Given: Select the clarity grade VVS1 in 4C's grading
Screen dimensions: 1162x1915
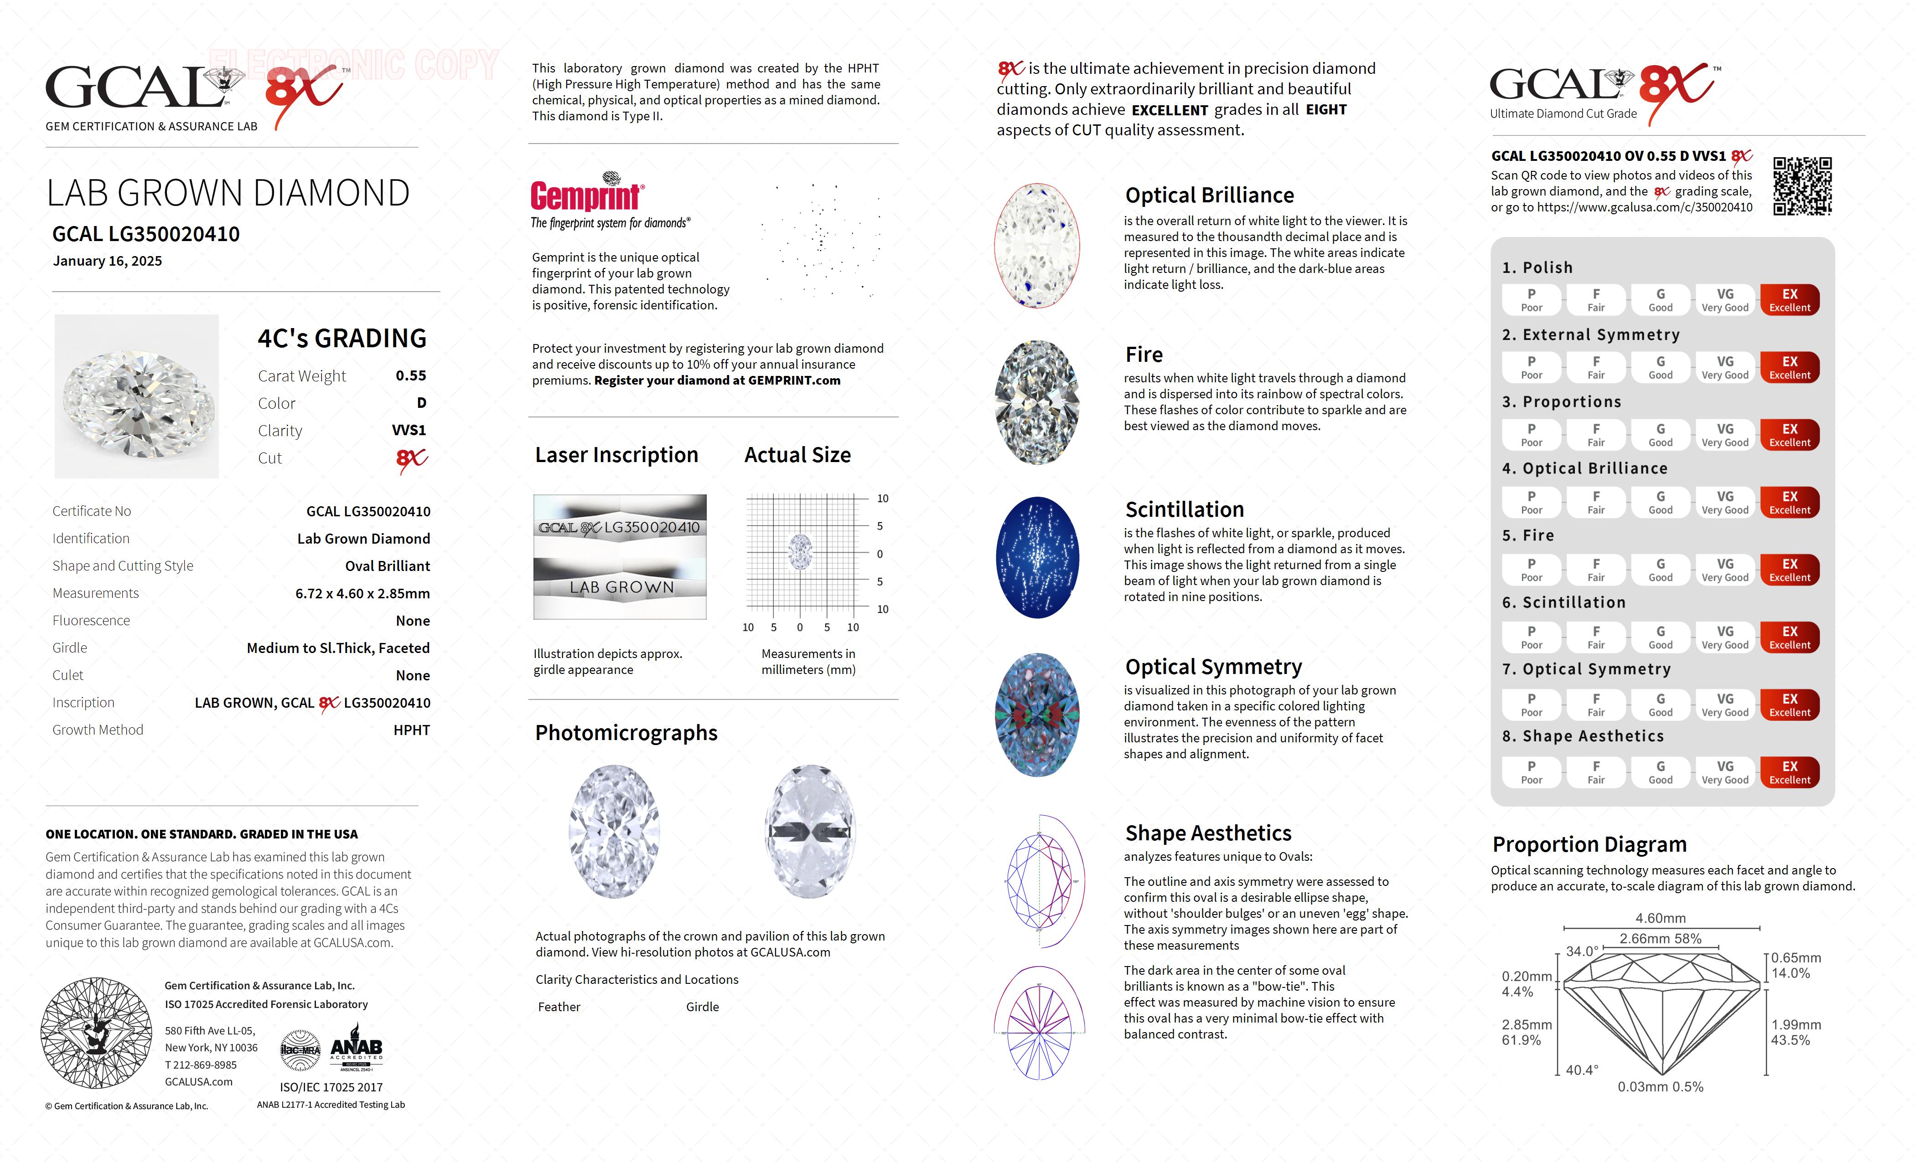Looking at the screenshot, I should point(409,430).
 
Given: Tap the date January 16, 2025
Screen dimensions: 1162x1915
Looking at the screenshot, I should point(107,261).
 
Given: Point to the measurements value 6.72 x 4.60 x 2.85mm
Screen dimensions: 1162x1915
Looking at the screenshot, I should point(362,593).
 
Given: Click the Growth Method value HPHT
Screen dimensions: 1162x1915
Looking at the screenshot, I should point(411,730).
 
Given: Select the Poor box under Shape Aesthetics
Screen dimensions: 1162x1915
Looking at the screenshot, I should point(1531,772).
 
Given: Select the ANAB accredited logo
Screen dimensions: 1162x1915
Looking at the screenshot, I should point(357,1049).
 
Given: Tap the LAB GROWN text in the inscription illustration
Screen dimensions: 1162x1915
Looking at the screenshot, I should point(622,588).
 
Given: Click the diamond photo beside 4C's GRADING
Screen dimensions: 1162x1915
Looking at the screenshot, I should point(137,396).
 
